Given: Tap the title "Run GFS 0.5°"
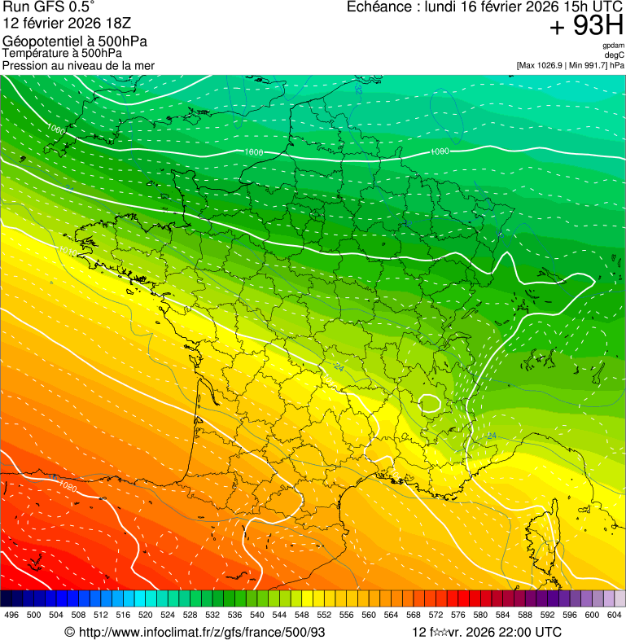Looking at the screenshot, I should tap(49, 8).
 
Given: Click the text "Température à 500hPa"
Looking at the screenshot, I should tap(62, 53).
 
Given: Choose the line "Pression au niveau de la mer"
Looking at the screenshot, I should tap(78, 65).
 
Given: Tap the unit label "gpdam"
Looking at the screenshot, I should tap(613, 46).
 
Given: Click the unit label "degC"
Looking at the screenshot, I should tap(615, 55).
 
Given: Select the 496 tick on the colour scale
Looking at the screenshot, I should tap(11, 615).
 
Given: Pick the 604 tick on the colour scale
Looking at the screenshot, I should tap(615, 615).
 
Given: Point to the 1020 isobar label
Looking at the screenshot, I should tap(68, 487).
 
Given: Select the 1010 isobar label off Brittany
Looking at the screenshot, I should tap(66, 252).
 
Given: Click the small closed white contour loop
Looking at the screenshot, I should tap(430, 402).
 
